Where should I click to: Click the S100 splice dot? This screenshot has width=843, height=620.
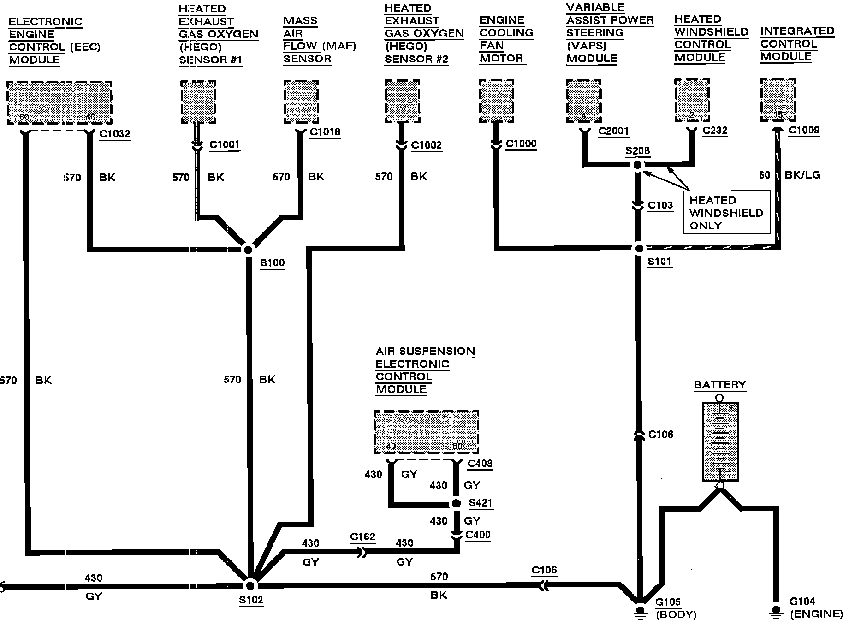pos(248,250)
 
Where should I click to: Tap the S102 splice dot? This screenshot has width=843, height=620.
pos(250,585)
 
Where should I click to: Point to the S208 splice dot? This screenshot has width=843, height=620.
pos(637,165)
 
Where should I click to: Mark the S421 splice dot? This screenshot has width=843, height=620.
pos(456,503)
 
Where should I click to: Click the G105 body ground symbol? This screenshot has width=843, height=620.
pos(640,610)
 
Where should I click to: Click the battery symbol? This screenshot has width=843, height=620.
pos(719,442)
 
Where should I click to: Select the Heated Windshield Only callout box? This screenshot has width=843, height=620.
pos(727,213)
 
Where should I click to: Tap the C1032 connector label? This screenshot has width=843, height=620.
pos(115,134)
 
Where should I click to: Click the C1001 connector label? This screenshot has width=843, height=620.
pos(225,145)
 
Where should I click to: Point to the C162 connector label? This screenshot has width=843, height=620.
pos(362,537)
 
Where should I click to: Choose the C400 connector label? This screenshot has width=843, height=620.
pos(478,535)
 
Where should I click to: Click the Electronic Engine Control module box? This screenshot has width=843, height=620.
pos(59,102)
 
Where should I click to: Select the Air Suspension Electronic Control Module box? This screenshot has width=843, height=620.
pos(426,432)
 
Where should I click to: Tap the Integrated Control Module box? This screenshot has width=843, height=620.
pos(778,100)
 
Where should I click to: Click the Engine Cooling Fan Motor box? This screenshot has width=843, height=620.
pos(496,100)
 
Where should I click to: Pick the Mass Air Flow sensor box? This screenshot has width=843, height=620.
pos(301,101)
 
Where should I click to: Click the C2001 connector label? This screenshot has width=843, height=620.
pos(613,131)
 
